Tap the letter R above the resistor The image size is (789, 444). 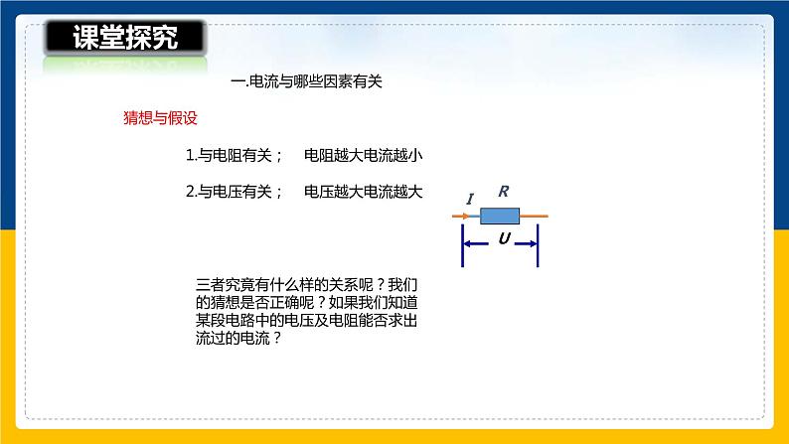click(503, 193)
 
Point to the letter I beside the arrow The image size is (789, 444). click(469, 200)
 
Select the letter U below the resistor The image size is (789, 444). click(504, 239)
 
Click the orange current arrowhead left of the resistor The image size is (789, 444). click(470, 216)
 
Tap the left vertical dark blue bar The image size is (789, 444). click(462, 243)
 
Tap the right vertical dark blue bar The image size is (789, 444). click(538, 243)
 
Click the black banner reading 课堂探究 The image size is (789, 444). click(125, 38)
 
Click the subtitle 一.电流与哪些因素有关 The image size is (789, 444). click(305, 83)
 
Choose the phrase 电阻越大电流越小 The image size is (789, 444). click(364, 156)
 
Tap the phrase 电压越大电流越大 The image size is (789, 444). click(364, 193)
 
